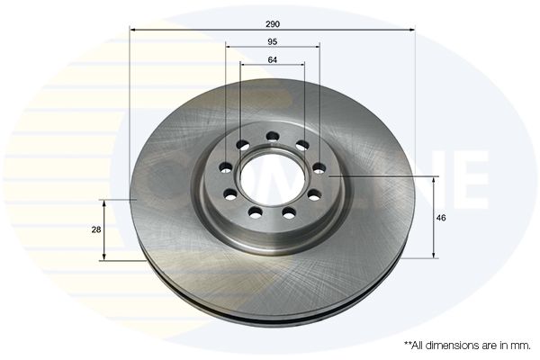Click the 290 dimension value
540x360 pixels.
[273, 21]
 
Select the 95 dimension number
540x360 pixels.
[273, 40]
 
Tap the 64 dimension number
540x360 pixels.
[273, 58]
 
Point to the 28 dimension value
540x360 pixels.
[96, 229]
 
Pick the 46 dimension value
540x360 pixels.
[441, 218]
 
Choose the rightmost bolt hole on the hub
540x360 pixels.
[319, 167]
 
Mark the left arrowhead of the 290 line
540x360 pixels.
[133, 30]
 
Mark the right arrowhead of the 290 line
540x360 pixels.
[412, 30]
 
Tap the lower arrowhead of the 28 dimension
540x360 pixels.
[105, 257]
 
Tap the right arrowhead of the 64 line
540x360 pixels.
[302, 67]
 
